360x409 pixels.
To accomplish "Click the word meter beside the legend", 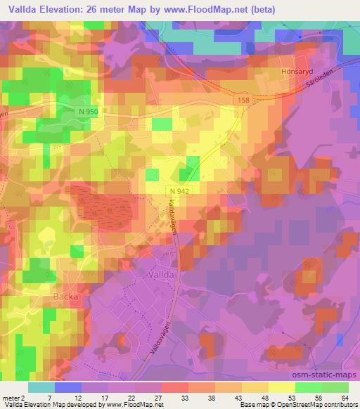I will (12, 397).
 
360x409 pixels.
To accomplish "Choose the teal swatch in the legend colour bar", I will (41, 387).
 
